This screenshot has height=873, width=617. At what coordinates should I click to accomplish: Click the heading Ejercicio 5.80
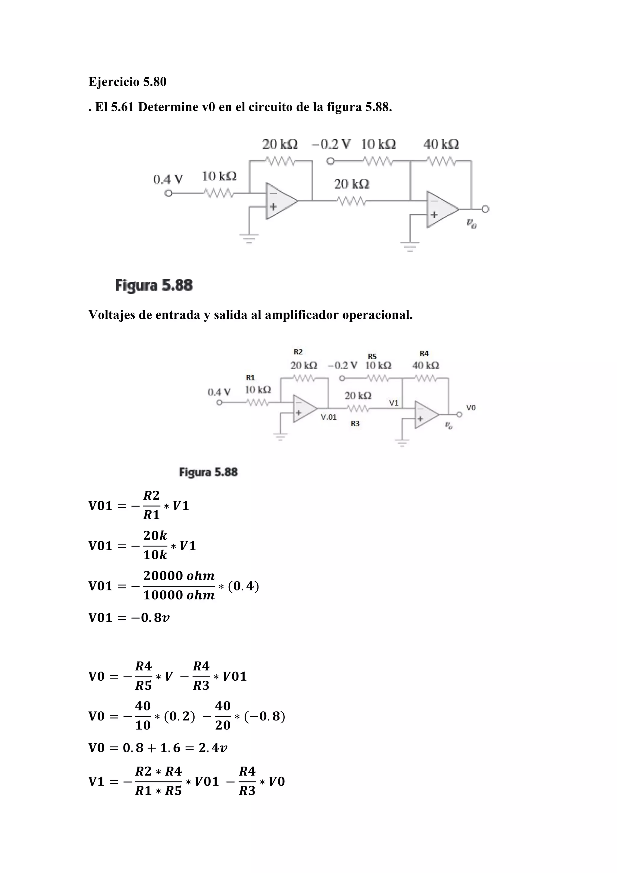(x=127, y=82)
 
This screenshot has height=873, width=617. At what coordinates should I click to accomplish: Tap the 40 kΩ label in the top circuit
(x=441, y=144)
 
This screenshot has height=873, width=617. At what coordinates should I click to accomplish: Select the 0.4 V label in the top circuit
(x=168, y=179)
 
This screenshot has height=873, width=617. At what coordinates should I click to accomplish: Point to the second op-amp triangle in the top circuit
(x=440, y=209)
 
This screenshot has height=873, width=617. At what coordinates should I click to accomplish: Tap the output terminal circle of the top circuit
(x=486, y=209)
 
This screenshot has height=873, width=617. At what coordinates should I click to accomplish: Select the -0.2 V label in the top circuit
(x=331, y=144)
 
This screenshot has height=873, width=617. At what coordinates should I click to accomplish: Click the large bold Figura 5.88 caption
(x=154, y=285)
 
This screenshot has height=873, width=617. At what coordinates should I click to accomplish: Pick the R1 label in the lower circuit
(x=250, y=377)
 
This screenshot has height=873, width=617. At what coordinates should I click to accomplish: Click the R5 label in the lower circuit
(x=372, y=356)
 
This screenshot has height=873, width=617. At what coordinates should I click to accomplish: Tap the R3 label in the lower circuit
(x=355, y=424)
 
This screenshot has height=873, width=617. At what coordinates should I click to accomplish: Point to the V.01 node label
(x=329, y=417)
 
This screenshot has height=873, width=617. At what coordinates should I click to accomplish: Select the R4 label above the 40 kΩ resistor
(x=424, y=354)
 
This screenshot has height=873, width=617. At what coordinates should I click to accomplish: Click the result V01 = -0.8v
(x=129, y=617)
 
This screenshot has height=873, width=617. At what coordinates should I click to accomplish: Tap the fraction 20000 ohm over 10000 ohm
(x=179, y=586)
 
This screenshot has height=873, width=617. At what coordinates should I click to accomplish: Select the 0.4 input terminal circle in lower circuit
(x=219, y=403)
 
